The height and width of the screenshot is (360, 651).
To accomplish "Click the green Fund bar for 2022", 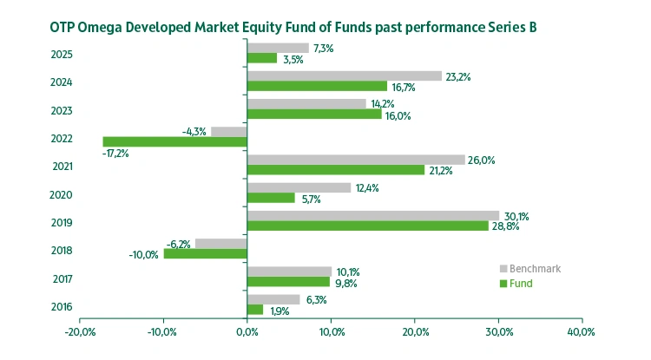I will [174, 141].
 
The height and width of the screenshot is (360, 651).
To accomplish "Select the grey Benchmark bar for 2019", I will [373, 215].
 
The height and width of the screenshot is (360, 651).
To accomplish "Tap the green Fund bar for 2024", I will [317, 86].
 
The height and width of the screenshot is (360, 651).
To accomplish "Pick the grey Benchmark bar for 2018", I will [221, 243].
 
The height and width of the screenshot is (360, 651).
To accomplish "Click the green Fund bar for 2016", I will [255, 310].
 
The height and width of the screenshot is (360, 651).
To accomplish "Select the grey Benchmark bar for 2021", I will [356, 160].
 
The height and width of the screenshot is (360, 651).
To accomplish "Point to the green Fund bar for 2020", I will [271, 198].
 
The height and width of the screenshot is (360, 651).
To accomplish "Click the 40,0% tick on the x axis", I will [581, 332].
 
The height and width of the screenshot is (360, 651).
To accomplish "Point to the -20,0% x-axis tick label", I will [80, 332].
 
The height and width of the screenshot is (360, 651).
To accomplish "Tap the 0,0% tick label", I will [247, 332].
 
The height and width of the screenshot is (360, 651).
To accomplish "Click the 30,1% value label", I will [517, 216].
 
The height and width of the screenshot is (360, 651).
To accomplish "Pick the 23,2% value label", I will [458, 76].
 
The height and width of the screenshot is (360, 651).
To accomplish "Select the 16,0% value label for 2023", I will [398, 115].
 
